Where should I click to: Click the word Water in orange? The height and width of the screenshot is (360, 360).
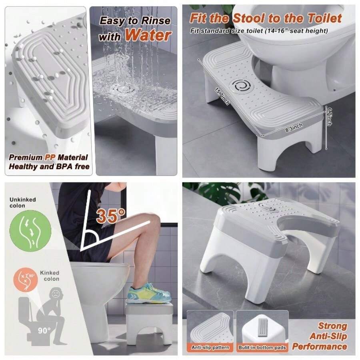tap(148, 35)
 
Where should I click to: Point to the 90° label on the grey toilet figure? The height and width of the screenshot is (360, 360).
tap(44, 330)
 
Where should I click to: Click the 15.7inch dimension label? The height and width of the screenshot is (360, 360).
tap(222, 96)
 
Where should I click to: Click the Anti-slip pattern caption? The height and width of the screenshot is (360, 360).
tap(210, 347)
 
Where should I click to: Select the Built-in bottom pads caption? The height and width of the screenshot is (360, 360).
tap(262, 348)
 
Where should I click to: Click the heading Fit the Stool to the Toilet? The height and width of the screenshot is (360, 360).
tap(266, 18)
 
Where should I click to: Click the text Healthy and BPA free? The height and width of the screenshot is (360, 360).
tap(49, 166)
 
